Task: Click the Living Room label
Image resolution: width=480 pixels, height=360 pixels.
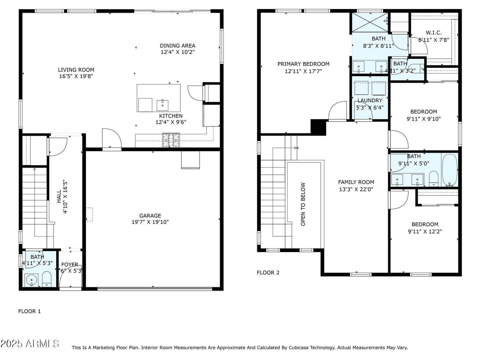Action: (76, 70)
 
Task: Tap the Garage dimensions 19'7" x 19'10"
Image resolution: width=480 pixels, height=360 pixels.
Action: (150, 222)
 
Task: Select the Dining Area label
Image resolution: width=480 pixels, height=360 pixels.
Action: (177, 46)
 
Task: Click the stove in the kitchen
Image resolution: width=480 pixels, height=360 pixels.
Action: (171, 140)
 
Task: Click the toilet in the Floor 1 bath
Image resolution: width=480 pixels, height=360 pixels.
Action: (47, 279)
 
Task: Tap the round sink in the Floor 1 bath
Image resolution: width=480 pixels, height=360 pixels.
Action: (31, 280)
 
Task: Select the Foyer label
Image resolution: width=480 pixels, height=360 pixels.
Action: (70, 264)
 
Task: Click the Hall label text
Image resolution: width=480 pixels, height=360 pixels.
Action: (59, 196)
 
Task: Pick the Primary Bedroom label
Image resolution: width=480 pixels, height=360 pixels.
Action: (303, 64)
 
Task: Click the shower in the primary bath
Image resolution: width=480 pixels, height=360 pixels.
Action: (370, 22)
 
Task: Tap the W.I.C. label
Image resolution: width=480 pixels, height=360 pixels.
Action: (433, 33)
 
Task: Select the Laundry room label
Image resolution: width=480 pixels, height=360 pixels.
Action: (370, 100)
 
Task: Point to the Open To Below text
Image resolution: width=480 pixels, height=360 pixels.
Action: (303, 204)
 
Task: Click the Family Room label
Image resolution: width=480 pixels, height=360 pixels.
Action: (356, 182)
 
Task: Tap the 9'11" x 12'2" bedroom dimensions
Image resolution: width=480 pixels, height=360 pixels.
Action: (425, 231)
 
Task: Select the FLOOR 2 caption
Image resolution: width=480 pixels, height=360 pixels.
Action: (268, 273)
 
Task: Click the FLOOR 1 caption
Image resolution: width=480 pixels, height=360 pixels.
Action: (29, 311)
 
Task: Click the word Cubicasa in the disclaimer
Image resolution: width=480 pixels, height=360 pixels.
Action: (299, 348)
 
